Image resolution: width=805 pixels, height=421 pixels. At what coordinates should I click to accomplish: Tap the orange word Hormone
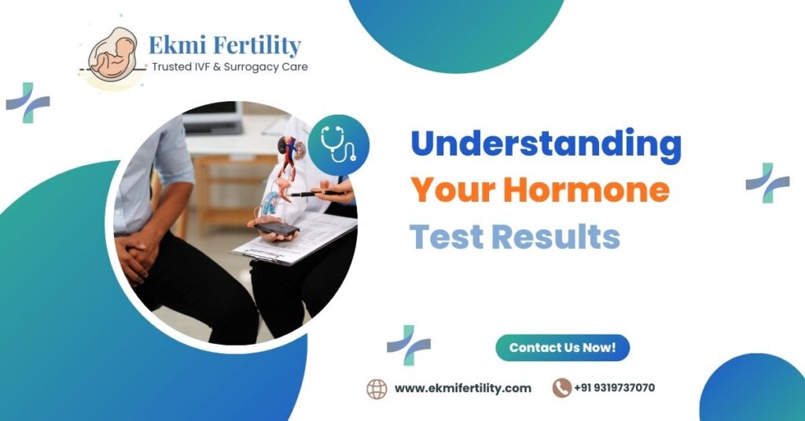[x=586, y=189]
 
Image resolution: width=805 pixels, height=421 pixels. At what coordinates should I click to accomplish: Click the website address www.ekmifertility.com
[x=462, y=388]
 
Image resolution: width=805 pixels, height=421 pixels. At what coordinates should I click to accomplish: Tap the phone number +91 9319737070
[x=614, y=388]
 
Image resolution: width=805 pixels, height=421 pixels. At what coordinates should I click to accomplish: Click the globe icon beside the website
[x=377, y=388]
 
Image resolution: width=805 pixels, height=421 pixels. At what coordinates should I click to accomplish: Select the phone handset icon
[x=561, y=388]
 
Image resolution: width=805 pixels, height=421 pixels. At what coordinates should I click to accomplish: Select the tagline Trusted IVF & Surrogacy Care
[x=230, y=68]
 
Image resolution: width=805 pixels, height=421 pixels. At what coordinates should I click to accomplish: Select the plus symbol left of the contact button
[x=409, y=345]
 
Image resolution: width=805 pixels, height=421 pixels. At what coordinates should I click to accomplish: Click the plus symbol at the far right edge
[x=767, y=182]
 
